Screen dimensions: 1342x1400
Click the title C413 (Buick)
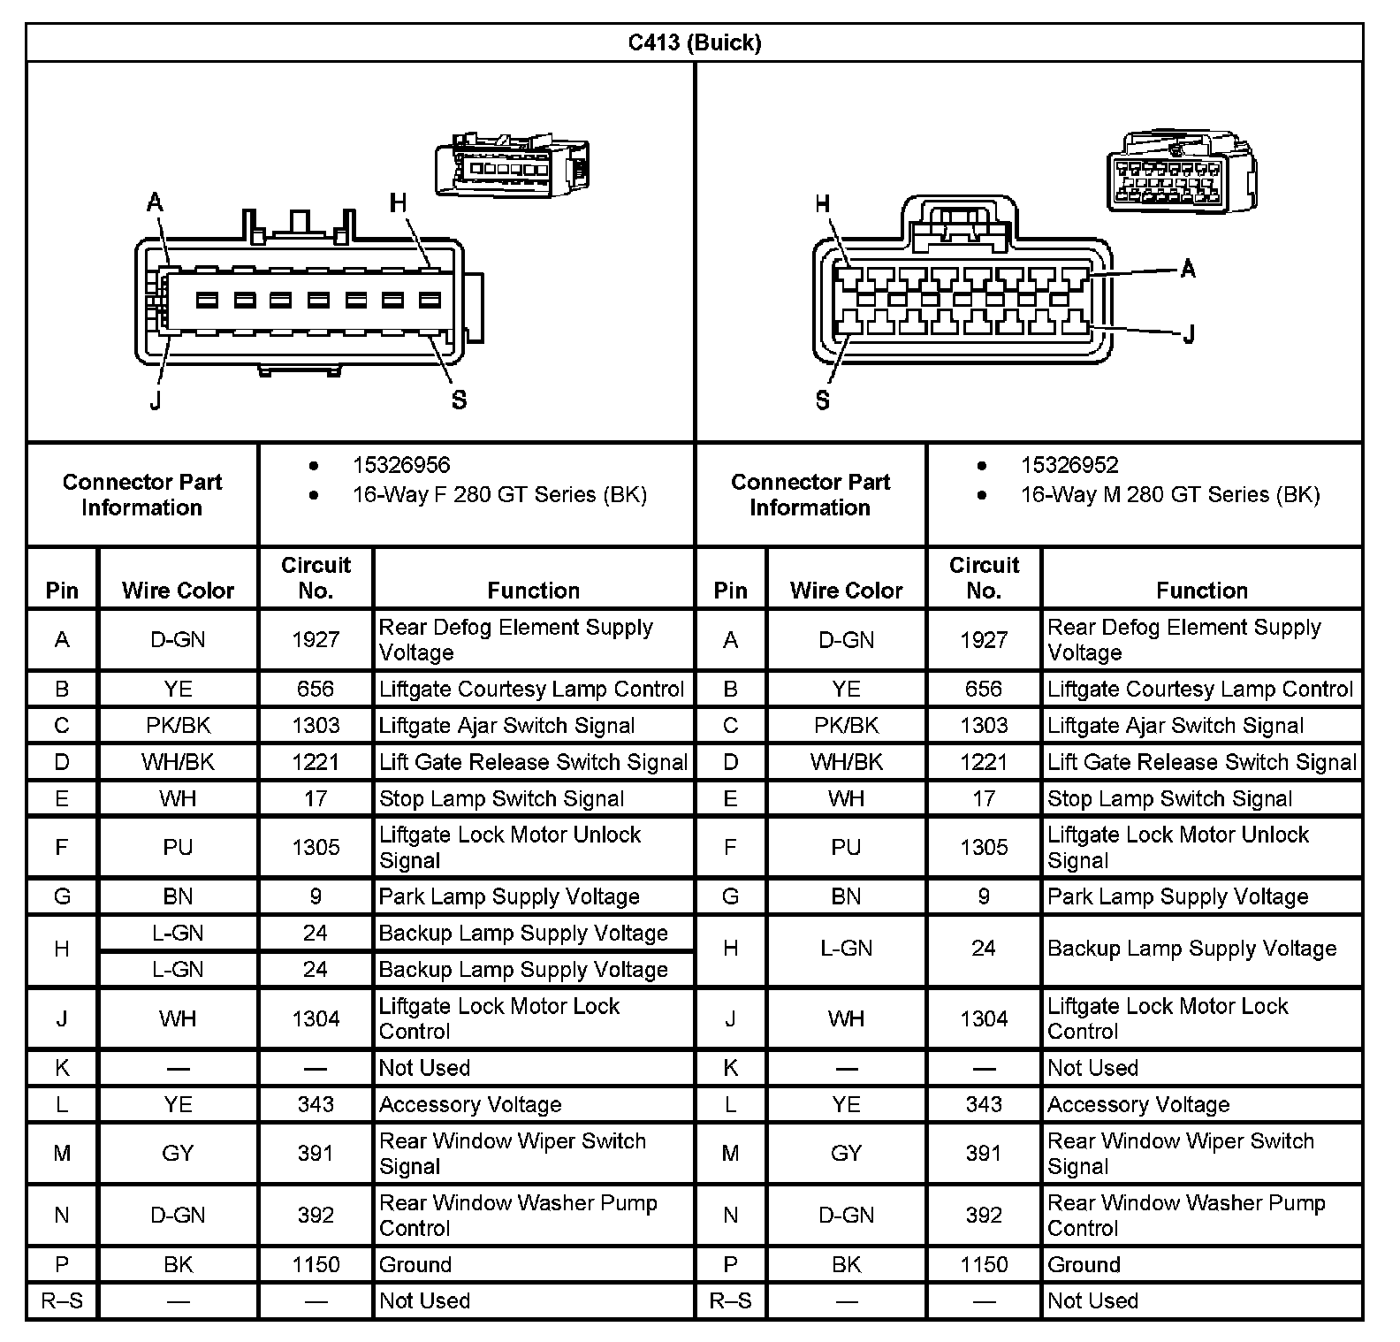click(695, 42)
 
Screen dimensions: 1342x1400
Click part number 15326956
click(401, 465)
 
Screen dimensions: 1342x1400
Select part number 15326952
click(1069, 465)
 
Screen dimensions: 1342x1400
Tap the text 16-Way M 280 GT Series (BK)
click(1170, 494)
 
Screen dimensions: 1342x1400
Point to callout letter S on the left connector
click(459, 400)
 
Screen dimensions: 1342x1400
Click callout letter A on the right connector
click(1188, 269)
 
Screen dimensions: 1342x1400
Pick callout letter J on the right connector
click(1189, 334)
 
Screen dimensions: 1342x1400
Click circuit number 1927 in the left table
click(316, 639)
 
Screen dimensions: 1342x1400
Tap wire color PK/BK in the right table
click(846, 726)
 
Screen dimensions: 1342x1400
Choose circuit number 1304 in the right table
click(984, 1018)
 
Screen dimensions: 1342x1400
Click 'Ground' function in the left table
click(415, 1265)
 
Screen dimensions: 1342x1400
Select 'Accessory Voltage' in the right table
click(1138, 1104)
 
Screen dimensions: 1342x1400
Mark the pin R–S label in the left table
click(62, 1300)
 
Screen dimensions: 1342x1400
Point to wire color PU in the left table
click(178, 847)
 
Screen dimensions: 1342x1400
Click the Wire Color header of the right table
click(846, 590)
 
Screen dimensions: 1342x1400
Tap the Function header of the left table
click(533, 590)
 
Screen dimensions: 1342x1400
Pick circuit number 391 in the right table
click(984, 1153)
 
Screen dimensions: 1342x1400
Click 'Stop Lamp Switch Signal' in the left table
click(501, 798)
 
